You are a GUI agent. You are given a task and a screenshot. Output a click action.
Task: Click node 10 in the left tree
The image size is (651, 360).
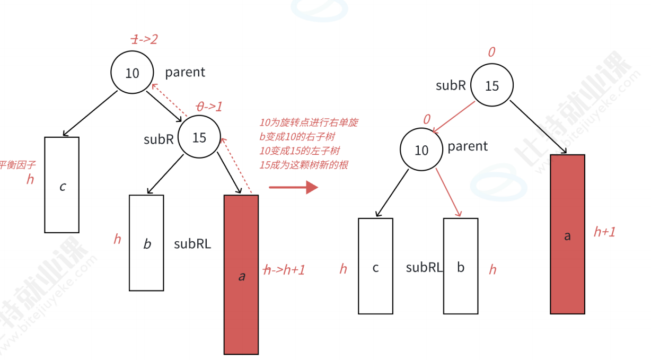(132, 73)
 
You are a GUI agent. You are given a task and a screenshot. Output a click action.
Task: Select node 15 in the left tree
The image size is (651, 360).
(199, 138)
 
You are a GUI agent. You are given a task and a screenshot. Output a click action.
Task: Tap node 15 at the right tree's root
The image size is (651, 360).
(492, 86)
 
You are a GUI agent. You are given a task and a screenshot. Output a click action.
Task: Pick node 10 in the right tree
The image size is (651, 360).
(421, 151)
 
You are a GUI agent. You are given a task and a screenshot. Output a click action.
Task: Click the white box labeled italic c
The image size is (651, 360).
(62, 185)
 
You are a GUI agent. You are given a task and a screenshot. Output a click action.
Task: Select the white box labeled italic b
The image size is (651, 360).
(147, 243)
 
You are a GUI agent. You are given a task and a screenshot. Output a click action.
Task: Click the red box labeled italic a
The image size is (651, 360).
(241, 275)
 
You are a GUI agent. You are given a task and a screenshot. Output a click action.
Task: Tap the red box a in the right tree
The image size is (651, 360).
(567, 234)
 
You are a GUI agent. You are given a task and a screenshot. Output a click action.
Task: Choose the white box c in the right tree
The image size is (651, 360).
(375, 266)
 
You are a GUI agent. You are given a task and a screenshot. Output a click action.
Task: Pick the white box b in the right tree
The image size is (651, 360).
(460, 266)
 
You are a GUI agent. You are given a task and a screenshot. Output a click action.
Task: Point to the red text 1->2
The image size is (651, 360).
(144, 39)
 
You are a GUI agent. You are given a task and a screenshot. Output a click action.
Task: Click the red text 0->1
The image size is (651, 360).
(209, 106)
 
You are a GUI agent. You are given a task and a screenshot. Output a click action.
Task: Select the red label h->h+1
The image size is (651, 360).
(284, 270)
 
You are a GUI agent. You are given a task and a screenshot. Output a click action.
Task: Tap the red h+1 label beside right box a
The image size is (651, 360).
(604, 231)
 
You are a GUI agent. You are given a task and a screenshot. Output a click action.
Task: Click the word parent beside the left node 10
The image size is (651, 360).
(185, 73)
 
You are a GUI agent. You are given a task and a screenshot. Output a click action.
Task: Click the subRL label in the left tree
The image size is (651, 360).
(192, 244)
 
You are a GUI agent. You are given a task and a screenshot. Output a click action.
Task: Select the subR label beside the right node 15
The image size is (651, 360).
(451, 85)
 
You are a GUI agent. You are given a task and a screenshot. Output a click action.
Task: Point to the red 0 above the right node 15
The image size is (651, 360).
(491, 52)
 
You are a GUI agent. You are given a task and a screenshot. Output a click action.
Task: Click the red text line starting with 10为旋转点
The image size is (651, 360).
(309, 122)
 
